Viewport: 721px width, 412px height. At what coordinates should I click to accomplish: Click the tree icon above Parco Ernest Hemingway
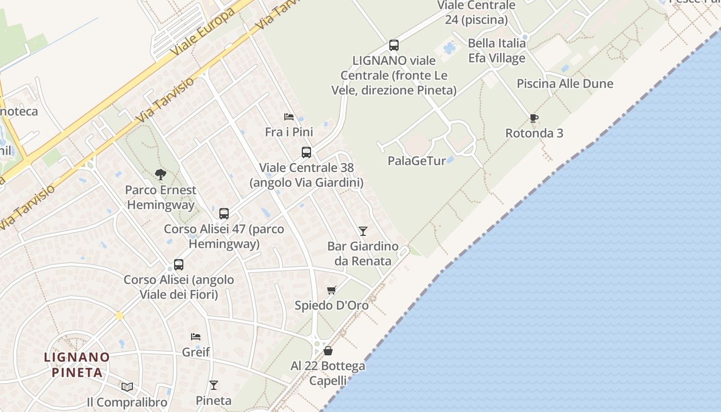(161, 175)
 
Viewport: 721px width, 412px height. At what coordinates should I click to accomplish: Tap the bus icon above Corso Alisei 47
(224, 213)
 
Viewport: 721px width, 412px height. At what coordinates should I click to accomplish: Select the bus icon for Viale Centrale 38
(306, 152)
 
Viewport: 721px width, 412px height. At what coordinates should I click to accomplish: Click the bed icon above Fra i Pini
(289, 117)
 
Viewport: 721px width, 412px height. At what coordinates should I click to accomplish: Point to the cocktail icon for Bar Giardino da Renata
(363, 231)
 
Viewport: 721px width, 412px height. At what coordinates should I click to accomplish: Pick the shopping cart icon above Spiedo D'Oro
(332, 290)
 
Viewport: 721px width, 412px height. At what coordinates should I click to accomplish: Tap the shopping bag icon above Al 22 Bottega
(328, 351)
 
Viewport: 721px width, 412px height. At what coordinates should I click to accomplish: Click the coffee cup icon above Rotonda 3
(534, 118)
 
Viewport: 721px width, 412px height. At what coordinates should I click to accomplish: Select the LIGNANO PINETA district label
(77, 364)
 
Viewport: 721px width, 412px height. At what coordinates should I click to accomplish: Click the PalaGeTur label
(417, 161)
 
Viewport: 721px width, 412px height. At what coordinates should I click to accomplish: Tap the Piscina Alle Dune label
(565, 83)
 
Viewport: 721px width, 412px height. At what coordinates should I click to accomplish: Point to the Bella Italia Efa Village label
(496, 50)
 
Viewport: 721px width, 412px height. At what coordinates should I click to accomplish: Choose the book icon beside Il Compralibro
(127, 387)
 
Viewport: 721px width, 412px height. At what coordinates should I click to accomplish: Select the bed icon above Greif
(196, 337)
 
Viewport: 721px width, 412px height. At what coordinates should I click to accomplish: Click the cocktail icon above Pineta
(214, 385)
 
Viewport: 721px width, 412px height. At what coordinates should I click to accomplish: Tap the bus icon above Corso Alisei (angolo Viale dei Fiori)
(179, 265)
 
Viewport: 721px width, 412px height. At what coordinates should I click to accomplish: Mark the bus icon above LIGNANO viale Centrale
(394, 45)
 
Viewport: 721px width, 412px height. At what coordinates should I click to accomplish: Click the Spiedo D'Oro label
(332, 305)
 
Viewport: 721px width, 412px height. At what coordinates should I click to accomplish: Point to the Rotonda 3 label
(534, 133)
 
